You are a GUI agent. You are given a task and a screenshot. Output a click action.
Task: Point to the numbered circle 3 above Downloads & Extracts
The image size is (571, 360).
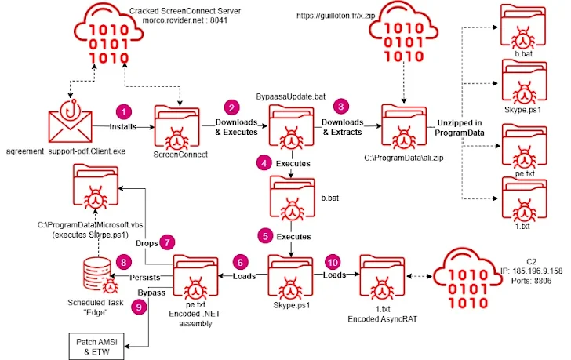click(x=340, y=106)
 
